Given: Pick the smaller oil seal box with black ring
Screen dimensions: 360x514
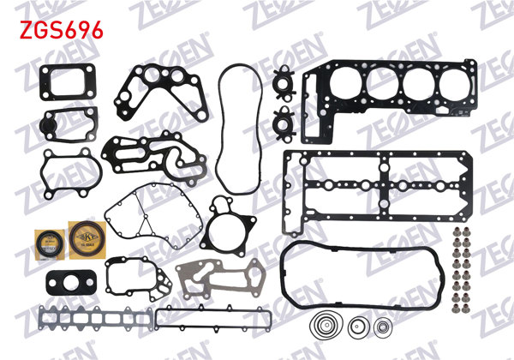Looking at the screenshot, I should click(x=44, y=241).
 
